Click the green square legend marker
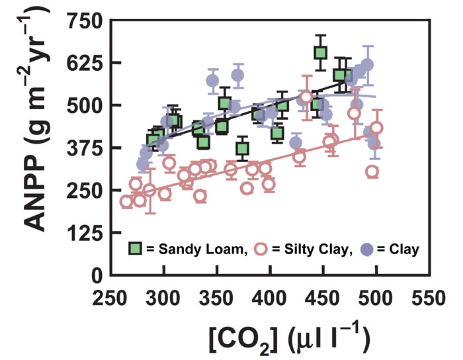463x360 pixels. [136, 249]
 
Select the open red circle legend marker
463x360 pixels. [261, 249]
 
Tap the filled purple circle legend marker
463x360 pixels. [369, 249]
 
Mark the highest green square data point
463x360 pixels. [321, 52]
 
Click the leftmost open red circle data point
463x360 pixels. [126, 202]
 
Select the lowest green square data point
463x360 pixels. [243, 148]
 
